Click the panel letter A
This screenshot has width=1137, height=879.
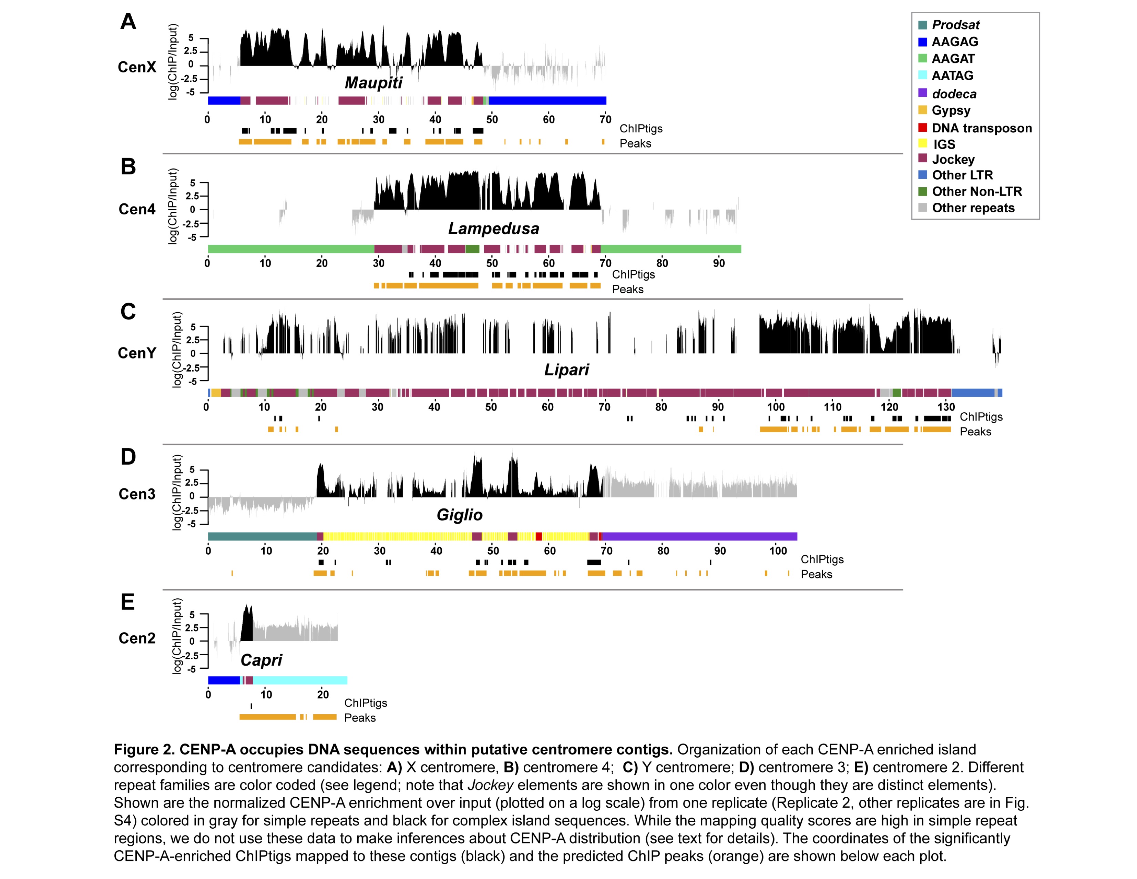(x=128, y=21)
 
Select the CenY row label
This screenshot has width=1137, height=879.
(x=137, y=353)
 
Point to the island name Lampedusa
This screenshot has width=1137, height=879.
(x=493, y=229)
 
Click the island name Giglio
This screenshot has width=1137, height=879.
(x=459, y=515)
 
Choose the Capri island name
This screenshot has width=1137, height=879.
(x=262, y=660)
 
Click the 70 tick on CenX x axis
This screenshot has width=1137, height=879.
(x=605, y=119)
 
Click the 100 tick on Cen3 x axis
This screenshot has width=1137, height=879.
(x=778, y=550)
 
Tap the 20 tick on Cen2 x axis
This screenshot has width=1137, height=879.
(x=323, y=694)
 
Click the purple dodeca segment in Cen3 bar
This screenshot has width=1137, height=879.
(x=699, y=536)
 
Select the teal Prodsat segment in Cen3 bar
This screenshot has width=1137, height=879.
(x=263, y=536)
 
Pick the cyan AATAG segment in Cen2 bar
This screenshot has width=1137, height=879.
(x=300, y=680)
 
